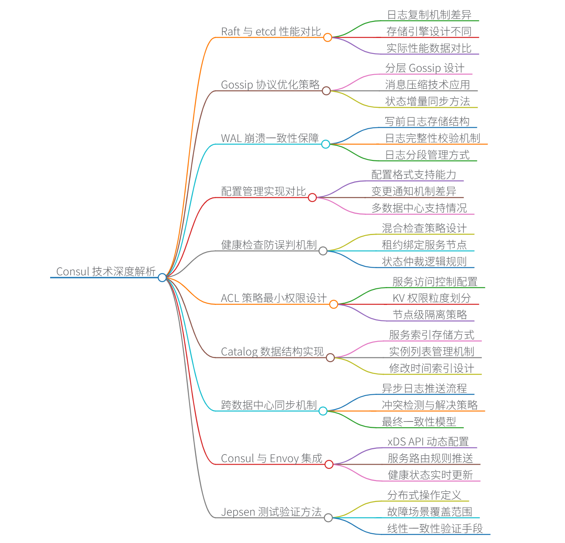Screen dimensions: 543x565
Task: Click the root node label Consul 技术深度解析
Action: [x=106, y=271]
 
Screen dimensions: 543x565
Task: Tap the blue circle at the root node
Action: [x=162, y=278]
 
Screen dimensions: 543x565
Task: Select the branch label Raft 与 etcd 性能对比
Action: [x=271, y=32]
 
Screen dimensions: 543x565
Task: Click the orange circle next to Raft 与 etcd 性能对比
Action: [x=328, y=37]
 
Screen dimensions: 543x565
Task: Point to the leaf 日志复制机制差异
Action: [x=429, y=15]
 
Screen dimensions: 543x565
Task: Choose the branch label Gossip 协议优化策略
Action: [x=270, y=85]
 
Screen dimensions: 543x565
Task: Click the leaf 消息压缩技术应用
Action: [x=428, y=85]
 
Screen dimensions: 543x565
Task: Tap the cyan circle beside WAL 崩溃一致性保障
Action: [x=325, y=144]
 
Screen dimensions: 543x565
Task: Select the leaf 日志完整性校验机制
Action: [x=432, y=138]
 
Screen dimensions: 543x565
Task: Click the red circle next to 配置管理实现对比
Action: [x=312, y=197]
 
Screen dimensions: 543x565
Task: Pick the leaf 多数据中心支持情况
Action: [x=419, y=208]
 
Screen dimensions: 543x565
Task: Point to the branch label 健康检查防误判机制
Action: [x=269, y=245]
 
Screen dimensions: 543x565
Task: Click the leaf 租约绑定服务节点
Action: [x=424, y=245]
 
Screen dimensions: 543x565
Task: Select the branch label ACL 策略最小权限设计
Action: [x=273, y=298]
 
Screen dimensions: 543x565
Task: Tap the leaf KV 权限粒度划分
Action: [x=431, y=298]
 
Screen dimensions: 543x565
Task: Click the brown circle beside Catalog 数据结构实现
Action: [x=330, y=357]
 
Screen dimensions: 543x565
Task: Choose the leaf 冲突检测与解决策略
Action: [x=429, y=405]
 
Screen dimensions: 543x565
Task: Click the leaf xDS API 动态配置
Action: [x=428, y=442]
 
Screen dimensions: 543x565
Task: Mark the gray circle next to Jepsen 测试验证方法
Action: [x=328, y=518]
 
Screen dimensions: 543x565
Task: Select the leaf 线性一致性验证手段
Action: [x=435, y=529]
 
